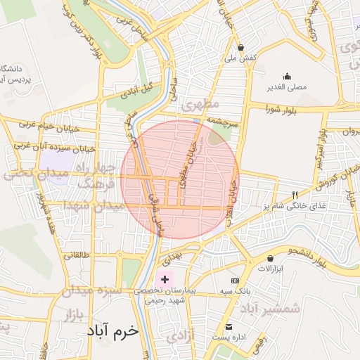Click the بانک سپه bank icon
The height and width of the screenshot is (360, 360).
(x=234, y=281)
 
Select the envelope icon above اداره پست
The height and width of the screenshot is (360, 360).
(x=229, y=327)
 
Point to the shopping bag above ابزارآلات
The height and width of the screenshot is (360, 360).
(x=271, y=258)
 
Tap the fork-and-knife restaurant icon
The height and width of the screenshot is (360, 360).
(x=295, y=195)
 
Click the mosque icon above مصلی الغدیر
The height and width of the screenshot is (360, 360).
(x=287, y=77)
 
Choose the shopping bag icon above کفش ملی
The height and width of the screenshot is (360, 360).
(x=241, y=47)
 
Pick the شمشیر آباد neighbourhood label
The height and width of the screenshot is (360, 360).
(x=270, y=308)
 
